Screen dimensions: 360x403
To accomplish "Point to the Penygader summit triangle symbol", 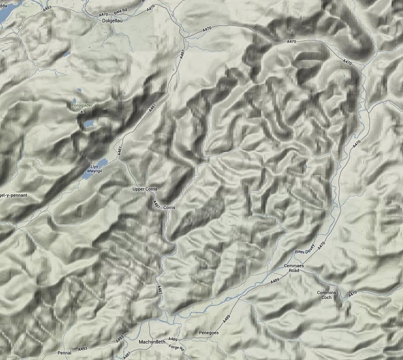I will [82, 112].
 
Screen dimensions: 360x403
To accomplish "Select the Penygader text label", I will [82, 106].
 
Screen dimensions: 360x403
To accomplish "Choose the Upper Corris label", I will [145, 189].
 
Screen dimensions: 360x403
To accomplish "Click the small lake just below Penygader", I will [88, 123].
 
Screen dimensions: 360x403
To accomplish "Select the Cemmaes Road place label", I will [292, 268].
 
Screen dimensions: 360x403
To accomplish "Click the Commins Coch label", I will [326, 295].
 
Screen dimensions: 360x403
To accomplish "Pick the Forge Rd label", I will [176, 347].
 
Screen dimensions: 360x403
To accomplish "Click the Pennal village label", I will [64, 353].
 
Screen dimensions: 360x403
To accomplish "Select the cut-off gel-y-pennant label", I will [9, 194].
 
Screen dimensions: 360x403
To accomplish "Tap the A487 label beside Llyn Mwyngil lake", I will [118, 151].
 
